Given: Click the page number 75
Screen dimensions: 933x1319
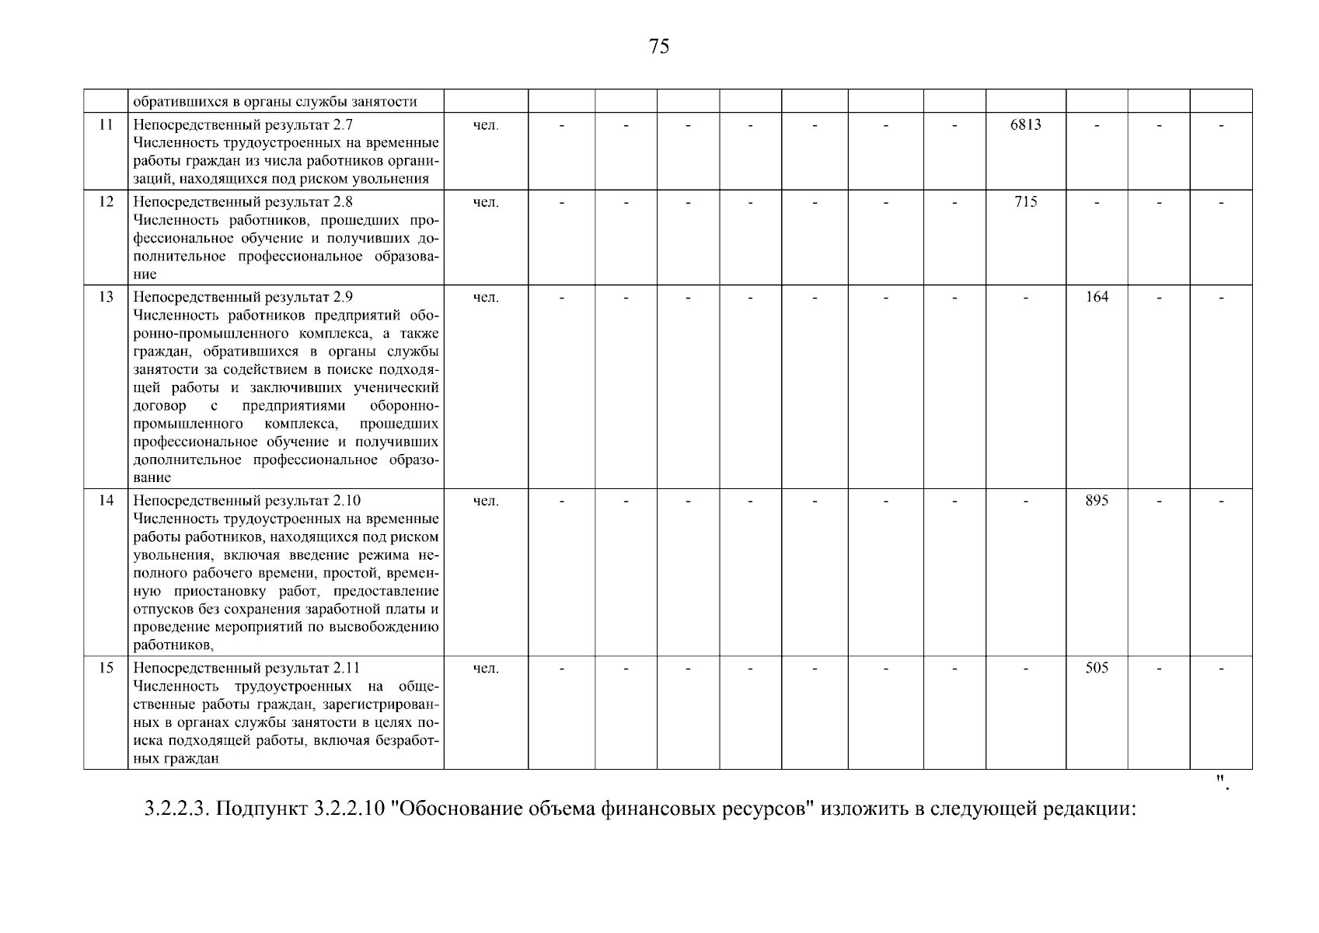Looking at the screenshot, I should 658,47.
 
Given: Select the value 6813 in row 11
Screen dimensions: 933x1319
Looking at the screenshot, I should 1025,124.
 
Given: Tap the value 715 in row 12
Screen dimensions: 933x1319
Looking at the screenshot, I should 1025,202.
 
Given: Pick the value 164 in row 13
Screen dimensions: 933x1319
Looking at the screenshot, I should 1096,297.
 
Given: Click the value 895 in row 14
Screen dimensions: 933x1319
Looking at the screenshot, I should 1096,501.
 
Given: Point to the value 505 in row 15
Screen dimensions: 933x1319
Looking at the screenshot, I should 1096,668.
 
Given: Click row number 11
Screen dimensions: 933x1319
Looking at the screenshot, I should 106,124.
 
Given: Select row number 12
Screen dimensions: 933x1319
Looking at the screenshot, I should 106,202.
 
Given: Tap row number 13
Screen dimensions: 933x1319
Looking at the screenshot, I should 106,297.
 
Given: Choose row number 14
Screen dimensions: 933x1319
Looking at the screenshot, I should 106,501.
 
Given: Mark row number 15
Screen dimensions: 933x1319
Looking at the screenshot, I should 106,668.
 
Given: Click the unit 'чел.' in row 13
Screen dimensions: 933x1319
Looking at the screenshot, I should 486,297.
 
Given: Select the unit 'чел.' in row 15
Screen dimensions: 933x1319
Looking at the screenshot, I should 486,668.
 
